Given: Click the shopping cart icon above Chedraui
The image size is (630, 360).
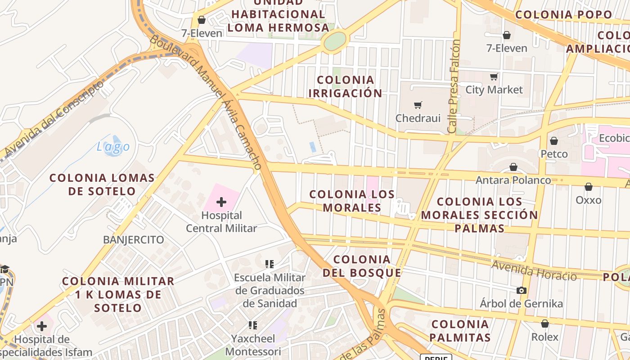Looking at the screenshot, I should pos(418,105).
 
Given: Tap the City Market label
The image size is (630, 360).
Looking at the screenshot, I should pos(494,90).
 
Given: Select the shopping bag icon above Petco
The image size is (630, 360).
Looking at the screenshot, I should pos(554,141).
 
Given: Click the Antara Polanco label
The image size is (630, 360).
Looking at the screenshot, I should pos(513,180).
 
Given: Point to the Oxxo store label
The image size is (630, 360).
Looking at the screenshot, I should pos(589,199).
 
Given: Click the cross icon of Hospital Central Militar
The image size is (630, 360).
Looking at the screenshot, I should pos(221,202).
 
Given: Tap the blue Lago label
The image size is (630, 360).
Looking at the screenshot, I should pos(113,146).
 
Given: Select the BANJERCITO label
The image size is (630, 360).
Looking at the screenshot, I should pos(134,239).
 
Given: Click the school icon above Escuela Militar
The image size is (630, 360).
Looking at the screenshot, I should pos(270,264).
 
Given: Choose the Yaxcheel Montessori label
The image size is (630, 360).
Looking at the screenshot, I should pos(253,345).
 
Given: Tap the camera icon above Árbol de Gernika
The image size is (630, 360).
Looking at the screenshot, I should pos(522,290).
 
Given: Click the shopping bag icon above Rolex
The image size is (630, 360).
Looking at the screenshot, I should pos(545,324).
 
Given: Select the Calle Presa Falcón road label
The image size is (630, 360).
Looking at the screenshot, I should pos(454,86).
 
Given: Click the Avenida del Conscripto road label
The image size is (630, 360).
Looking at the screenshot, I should pos(54,118).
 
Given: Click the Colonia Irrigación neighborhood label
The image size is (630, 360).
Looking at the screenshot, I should pos(345,86).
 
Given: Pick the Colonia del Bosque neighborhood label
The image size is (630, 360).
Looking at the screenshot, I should pos(362,266).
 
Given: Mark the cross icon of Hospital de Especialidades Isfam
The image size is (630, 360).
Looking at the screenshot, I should pos(42,326).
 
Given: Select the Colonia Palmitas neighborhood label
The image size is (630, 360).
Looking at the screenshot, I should pos(459,330).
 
